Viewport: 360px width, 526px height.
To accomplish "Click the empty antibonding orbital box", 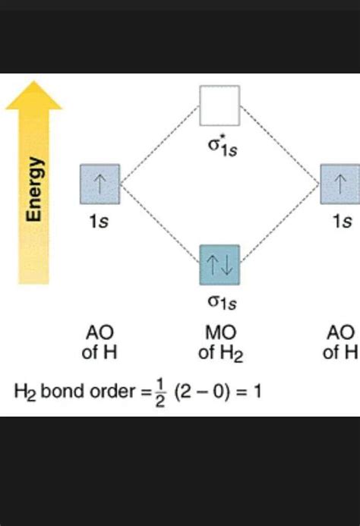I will click(x=219, y=106).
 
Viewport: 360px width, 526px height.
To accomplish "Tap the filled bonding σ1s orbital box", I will click(x=219, y=264).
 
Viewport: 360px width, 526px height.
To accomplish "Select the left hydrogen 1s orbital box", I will click(x=100, y=184).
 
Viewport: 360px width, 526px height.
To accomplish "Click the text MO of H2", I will click(x=219, y=343).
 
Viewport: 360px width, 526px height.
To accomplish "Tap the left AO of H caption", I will click(x=100, y=343).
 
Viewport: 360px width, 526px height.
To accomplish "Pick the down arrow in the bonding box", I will click(x=228, y=264).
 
